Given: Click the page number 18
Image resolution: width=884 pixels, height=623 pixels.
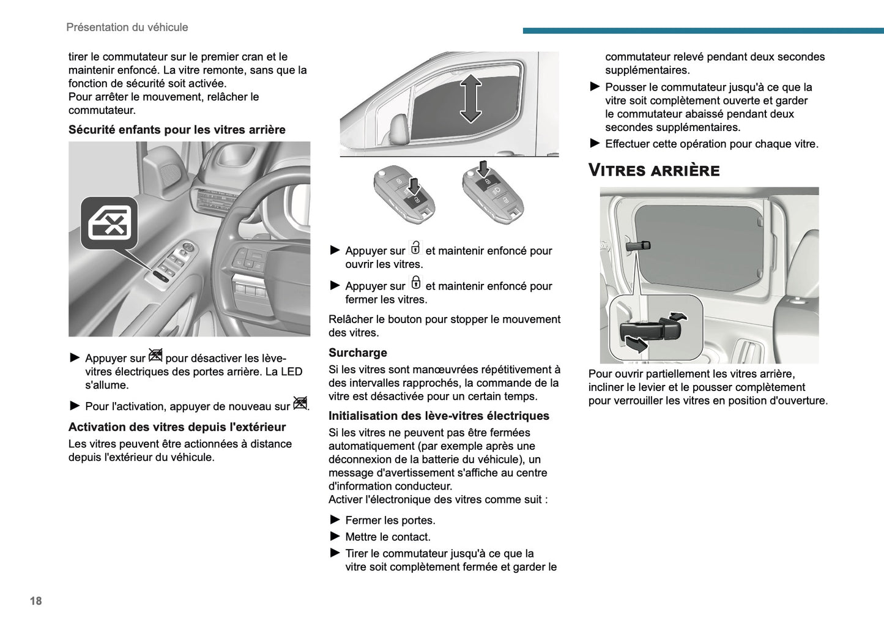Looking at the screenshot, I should click(x=35, y=601).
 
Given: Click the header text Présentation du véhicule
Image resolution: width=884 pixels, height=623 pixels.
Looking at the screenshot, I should click(x=127, y=27).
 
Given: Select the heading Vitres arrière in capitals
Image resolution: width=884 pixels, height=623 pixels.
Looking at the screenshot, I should click(x=653, y=170).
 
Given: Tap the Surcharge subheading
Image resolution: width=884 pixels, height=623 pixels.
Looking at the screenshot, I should click(x=357, y=353).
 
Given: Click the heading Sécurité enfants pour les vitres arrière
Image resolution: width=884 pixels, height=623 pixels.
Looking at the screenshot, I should click(x=177, y=130).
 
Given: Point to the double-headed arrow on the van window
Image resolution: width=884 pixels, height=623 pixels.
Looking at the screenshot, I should click(x=470, y=98).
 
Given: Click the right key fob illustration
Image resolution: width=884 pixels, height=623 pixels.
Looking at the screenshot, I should click(x=492, y=192).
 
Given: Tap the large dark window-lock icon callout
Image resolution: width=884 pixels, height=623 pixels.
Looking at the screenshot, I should click(x=110, y=223).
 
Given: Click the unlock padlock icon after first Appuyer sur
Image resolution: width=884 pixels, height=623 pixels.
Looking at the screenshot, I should click(x=415, y=248).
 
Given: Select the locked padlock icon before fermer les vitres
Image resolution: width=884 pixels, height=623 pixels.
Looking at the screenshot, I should click(x=415, y=283).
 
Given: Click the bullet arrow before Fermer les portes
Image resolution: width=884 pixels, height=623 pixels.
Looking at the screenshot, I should click(x=335, y=520).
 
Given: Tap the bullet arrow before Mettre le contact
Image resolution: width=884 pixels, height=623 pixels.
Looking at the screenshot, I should click(x=335, y=536).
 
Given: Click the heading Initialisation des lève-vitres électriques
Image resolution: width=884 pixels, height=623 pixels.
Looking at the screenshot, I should click(x=439, y=416).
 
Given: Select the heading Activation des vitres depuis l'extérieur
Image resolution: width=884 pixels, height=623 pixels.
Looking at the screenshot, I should click(x=177, y=427).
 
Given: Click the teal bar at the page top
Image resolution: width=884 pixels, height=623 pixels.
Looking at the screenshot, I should click(x=703, y=31).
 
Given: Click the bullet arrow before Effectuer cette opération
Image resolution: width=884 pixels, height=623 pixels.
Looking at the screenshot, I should click(x=595, y=143).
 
